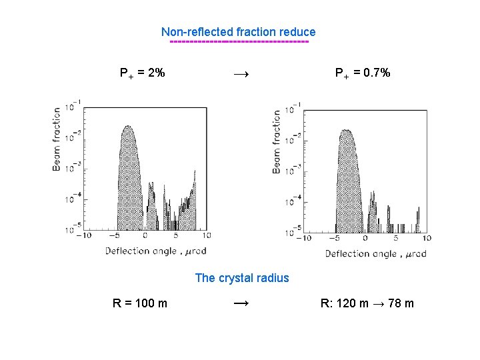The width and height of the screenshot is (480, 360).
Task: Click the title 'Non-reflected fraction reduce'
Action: (x=238, y=32)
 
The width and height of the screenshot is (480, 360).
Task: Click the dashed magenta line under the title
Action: (x=239, y=42)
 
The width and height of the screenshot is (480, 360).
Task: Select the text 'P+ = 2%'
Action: (x=143, y=73)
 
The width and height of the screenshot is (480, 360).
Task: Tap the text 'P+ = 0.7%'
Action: (x=363, y=73)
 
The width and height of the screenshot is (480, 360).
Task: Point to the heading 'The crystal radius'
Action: (x=242, y=278)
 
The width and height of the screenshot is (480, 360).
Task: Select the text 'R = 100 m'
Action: (x=140, y=304)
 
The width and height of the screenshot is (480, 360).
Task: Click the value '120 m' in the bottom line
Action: (x=353, y=304)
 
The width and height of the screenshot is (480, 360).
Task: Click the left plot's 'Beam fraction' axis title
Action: (x=57, y=139)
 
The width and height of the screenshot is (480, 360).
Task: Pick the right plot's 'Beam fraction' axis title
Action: (x=277, y=142)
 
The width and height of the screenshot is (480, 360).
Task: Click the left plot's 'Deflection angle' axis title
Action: (x=155, y=251)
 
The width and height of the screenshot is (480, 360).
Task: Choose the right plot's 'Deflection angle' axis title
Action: (x=375, y=254)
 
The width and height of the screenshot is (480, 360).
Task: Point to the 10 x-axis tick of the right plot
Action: (x=427, y=238)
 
